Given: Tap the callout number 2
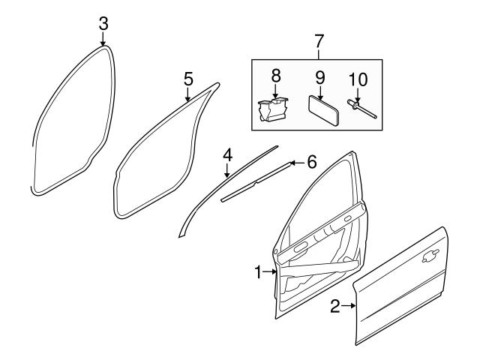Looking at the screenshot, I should pyautogui.click(x=335, y=305).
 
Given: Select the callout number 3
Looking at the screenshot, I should pyautogui.click(x=103, y=23).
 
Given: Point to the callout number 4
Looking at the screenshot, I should pyautogui.click(x=226, y=155).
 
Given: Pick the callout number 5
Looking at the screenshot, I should pyautogui.click(x=188, y=78).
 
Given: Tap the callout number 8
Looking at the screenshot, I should pyautogui.click(x=275, y=75).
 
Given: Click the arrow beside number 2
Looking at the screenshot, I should pyautogui.click(x=348, y=305).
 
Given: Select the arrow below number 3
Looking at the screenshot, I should pyautogui.click(x=103, y=39).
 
